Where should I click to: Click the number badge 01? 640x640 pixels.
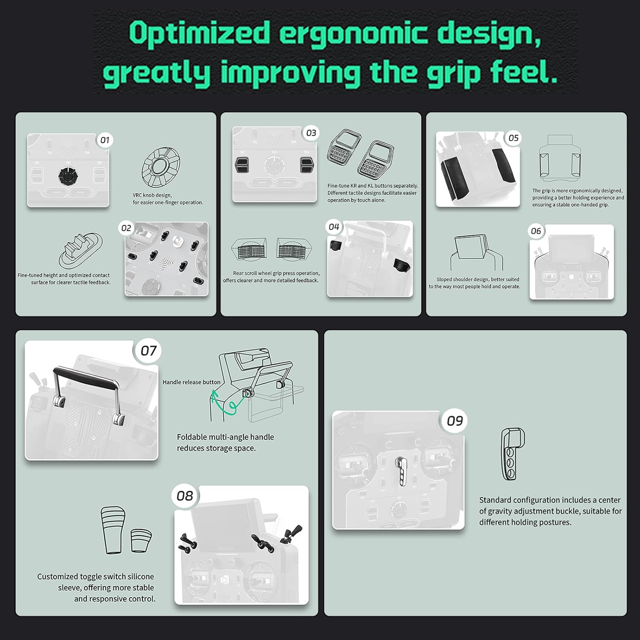pyautogui.click(x=105, y=140)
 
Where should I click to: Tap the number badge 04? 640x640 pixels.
pyautogui.click(x=334, y=227)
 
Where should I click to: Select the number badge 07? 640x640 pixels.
pyautogui.click(x=148, y=351)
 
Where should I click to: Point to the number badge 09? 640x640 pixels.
pyautogui.click(x=455, y=421)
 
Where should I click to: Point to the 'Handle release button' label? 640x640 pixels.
pyautogui.click(x=192, y=382)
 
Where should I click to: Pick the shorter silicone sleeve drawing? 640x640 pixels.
pyautogui.click(x=141, y=541)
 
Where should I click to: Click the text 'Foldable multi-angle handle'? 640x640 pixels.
pyautogui.click(x=225, y=437)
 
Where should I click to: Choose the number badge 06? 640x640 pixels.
pyautogui.click(x=536, y=231)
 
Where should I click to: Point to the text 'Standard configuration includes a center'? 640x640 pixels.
pyautogui.click(x=550, y=500)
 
